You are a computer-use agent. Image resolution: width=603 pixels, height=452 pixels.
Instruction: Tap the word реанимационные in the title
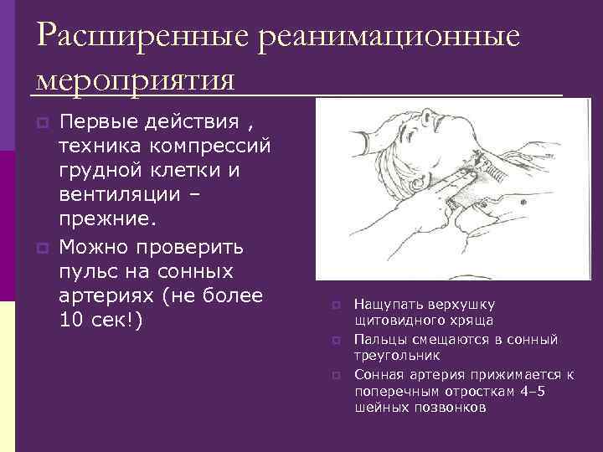coord(390,37)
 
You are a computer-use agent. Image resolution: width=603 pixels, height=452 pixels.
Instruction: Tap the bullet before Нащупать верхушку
coord(334,305)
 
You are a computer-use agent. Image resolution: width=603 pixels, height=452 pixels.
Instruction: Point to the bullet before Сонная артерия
coord(334,374)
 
